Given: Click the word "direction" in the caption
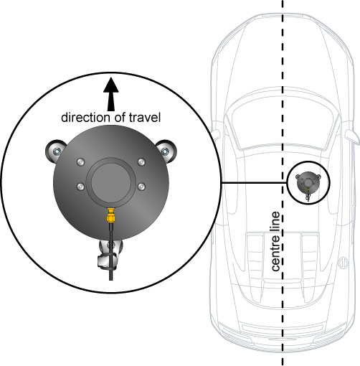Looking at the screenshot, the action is pyautogui.click(x=85, y=118).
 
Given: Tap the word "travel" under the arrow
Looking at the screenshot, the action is pyautogui.click(x=145, y=118).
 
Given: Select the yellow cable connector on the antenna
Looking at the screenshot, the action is pyautogui.click(x=110, y=215).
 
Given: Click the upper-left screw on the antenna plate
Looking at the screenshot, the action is pyautogui.click(x=80, y=162).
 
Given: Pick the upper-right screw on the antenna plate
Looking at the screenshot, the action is pyautogui.click(x=141, y=162).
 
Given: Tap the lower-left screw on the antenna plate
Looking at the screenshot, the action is pyautogui.click(x=80, y=187).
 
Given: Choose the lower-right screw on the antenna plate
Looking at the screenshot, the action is pyautogui.click(x=141, y=187).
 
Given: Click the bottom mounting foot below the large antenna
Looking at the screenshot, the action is pyautogui.click(x=109, y=254).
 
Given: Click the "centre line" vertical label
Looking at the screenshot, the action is pyautogui.click(x=275, y=241).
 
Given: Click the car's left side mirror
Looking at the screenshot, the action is pyautogui.click(x=216, y=135).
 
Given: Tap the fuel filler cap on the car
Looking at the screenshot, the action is pyautogui.click(x=343, y=263).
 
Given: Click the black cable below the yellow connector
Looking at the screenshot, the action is pyautogui.click(x=111, y=251).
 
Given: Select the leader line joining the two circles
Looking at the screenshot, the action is pyautogui.click(x=254, y=183).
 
